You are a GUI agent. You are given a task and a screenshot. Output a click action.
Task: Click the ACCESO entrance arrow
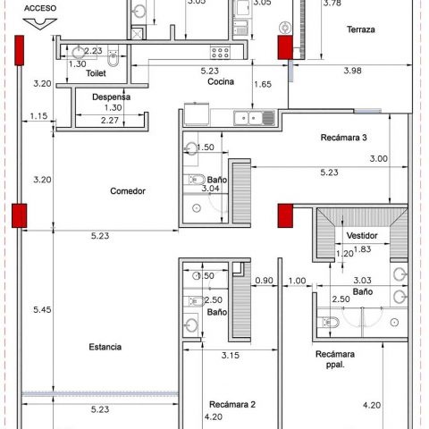tap(40, 24)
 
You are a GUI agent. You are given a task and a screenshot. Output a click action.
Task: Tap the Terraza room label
tap(360, 29)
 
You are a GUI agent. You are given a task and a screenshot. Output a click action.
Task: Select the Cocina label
tap(221, 81)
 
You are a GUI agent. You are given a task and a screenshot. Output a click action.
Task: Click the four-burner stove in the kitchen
tap(220, 53)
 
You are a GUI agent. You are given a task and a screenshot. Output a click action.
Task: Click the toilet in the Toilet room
tap(113, 57)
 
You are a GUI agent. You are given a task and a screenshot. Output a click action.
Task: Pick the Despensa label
tap(111, 97)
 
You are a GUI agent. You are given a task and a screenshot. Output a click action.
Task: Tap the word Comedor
tap(128, 191)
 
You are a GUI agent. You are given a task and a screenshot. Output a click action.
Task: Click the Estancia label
tap(105, 347)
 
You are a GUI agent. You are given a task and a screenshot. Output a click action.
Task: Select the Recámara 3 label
tap(343, 138)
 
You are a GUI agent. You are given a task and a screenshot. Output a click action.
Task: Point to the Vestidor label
tap(362, 236)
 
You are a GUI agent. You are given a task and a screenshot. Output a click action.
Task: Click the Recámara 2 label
tap(232, 404)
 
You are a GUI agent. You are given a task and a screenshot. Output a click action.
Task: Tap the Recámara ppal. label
tap(335, 359)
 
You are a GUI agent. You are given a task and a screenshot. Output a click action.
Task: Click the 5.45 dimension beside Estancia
tap(42, 309)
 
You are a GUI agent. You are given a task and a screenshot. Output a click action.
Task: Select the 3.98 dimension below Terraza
tap(352, 71)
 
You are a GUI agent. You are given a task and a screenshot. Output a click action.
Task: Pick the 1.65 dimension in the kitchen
tap(263, 84)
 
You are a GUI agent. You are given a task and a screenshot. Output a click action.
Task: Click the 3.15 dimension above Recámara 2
tap(231, 355)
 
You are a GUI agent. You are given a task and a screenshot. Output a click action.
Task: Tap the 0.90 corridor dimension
tap(265, 281)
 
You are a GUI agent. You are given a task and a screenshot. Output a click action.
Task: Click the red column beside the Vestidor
tap(285, 215)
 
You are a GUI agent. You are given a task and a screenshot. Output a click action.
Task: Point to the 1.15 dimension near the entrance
tap(38, 116)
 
